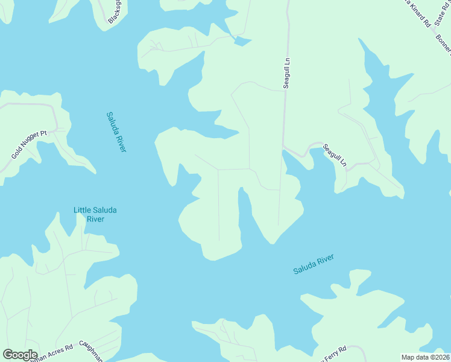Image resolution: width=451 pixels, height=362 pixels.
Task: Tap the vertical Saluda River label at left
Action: point(116,132)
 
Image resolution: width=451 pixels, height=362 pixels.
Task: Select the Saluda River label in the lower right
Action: point(314,264)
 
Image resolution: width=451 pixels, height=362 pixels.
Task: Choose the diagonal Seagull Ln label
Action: point(335,156)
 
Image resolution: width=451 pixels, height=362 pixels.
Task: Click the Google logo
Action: point(20,355)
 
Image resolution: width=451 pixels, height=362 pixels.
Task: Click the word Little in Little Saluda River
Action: point(83,210)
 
